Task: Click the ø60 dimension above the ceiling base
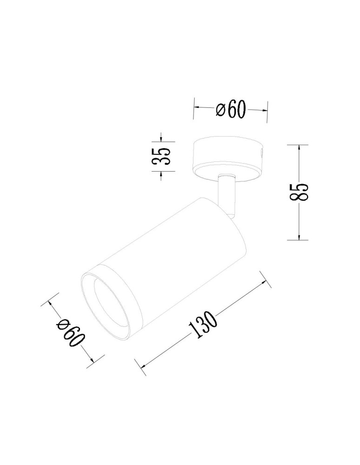231,110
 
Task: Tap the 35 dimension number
161,157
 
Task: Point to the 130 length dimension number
203,324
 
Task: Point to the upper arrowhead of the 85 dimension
299,147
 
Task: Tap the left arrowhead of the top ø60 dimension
196,108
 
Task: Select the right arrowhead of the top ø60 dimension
265,110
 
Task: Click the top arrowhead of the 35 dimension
161,139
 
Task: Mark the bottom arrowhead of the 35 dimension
161,174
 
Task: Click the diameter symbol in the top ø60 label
221,110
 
